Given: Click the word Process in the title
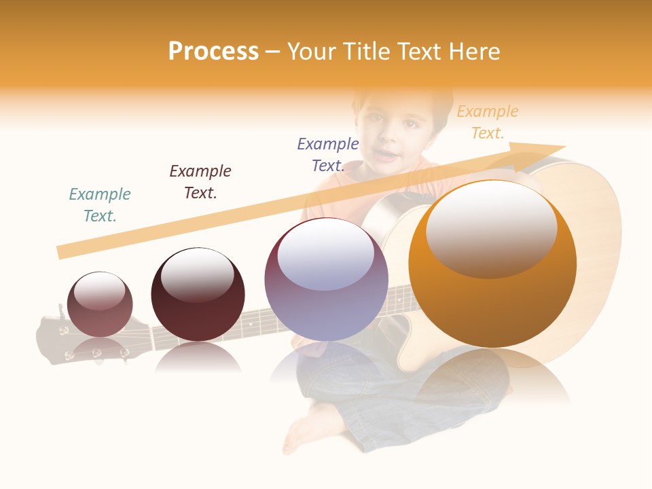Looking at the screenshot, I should point(213,51).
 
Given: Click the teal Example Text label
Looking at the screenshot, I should point(100,205).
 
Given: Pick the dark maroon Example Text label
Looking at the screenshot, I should point(200,182).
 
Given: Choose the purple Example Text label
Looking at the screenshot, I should point(328,155).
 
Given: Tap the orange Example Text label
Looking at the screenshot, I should point(488,122).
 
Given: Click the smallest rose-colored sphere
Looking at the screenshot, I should point(100,305).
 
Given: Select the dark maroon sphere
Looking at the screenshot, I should point(198,295).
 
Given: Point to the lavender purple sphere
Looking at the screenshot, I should point(326,280).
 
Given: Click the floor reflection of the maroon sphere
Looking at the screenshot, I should point(198,359).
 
